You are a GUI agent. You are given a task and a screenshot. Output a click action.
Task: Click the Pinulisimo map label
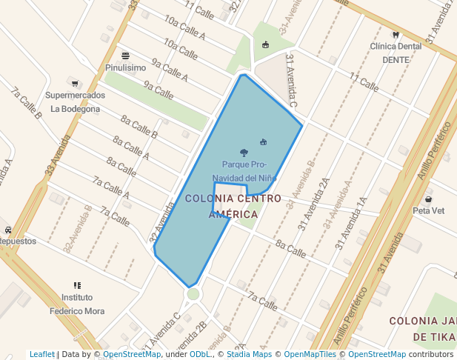pyautogui.click(x=125, y=67)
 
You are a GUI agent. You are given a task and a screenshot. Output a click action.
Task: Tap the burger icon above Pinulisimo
pyautogui.click(x=125, y=56)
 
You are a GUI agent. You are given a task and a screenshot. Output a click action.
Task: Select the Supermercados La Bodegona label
pyautogui.click(x=75, y=102)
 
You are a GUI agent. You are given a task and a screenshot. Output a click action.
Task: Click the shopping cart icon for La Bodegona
pyautogui.click(x=74, y=82)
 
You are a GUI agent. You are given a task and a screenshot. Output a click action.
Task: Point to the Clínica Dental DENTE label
pyautogui.click(x=396, y=53)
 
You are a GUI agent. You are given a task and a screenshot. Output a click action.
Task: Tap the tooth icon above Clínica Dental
pyautogui.click(x=395, y=35)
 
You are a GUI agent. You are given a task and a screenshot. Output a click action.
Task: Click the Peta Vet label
pyautogui.click(x=428, y=210)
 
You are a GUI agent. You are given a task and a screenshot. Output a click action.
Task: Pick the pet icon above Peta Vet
pyautogui.click(x=428, y=199)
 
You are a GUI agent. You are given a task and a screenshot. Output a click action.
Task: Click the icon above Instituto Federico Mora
pyautogui.click(x=77, y=285)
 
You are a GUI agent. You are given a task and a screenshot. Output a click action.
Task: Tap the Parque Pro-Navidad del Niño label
pyautogui.click(x=244, y=171)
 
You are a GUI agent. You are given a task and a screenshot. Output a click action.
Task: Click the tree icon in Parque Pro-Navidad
pyautogui.click(x=244, y=153)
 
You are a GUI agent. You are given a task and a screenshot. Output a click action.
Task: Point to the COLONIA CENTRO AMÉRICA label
pyautogui.click(x=233, y=206)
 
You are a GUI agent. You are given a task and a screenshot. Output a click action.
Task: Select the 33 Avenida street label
pyautogui.click(x=50, y=154)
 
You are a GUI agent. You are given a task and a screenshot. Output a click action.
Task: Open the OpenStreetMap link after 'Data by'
pyautogui.click(x=132, y=354)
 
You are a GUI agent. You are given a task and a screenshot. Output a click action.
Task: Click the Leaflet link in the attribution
pyautogui.click(x=42, y=354)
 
